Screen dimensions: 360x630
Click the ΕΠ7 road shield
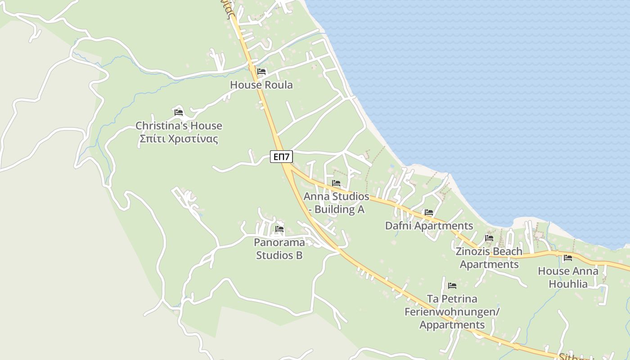(282, 157)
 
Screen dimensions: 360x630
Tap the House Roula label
(261, 85)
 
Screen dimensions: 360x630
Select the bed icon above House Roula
(261, 72)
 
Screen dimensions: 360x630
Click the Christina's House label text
(179, 126)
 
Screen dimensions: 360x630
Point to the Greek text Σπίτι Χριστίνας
(179, 139)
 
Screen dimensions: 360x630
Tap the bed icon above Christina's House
(179, 112)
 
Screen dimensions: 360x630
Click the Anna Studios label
(336, 197)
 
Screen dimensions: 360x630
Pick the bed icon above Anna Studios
(336, 183)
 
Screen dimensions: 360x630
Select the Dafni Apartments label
(429, 225)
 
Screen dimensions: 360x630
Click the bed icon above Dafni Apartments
(428, 212)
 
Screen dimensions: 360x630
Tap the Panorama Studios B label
(279, 248)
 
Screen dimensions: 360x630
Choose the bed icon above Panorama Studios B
(279, 229)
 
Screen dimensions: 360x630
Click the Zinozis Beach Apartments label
(489, 257)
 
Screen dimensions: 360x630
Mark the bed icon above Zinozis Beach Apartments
(489, 238)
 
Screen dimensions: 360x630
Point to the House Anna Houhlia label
(568, 277)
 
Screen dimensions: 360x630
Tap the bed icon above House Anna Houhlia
(568, 258)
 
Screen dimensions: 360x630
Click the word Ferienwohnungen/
(452, 312)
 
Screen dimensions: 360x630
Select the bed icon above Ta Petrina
(452, 286)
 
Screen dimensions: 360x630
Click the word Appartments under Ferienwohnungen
(452, 324)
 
